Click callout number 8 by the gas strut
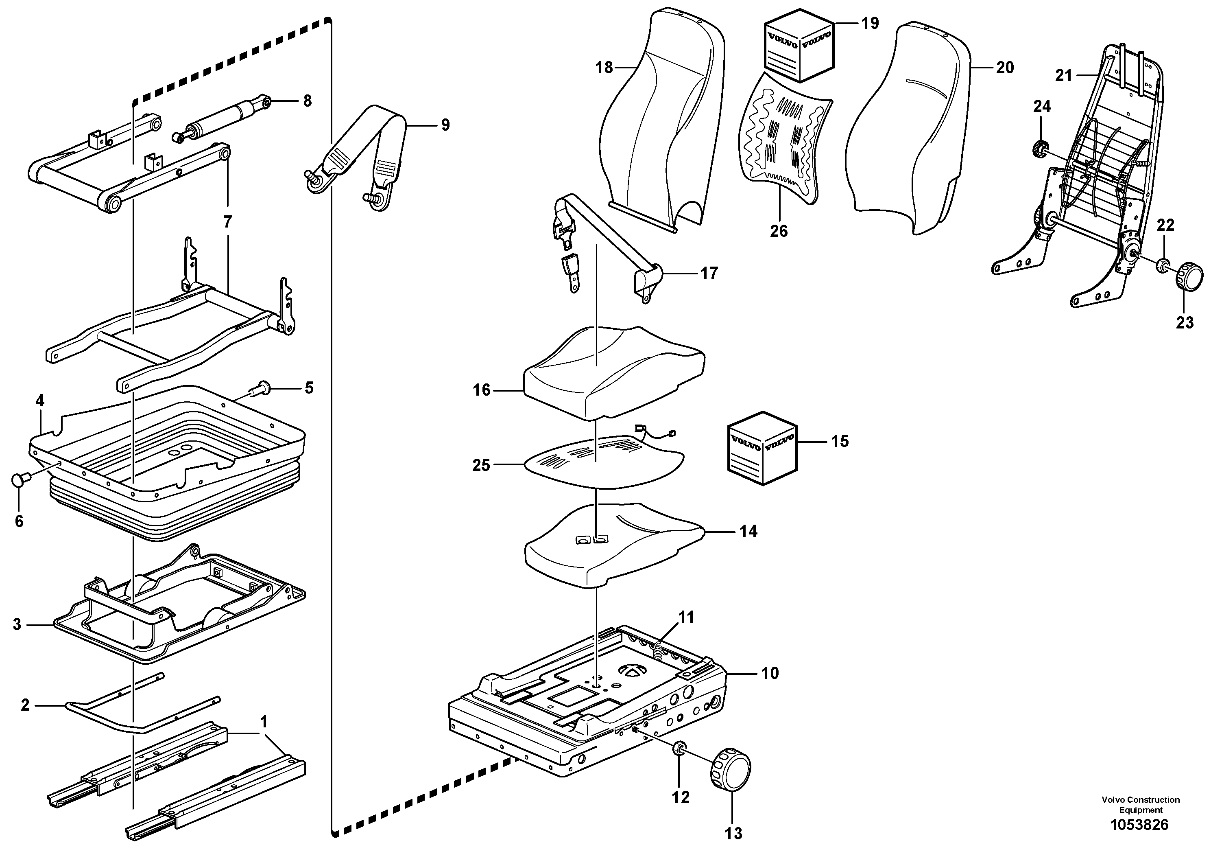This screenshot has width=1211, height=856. (308, 101)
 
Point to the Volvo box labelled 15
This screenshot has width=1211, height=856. (762, 447)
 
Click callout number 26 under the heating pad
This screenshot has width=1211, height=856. (779, 231)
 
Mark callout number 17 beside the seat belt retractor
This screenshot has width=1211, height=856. (709, 274)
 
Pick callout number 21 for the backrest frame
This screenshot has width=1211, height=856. (1063, 76)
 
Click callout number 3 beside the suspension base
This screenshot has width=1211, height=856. (17, 625)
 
